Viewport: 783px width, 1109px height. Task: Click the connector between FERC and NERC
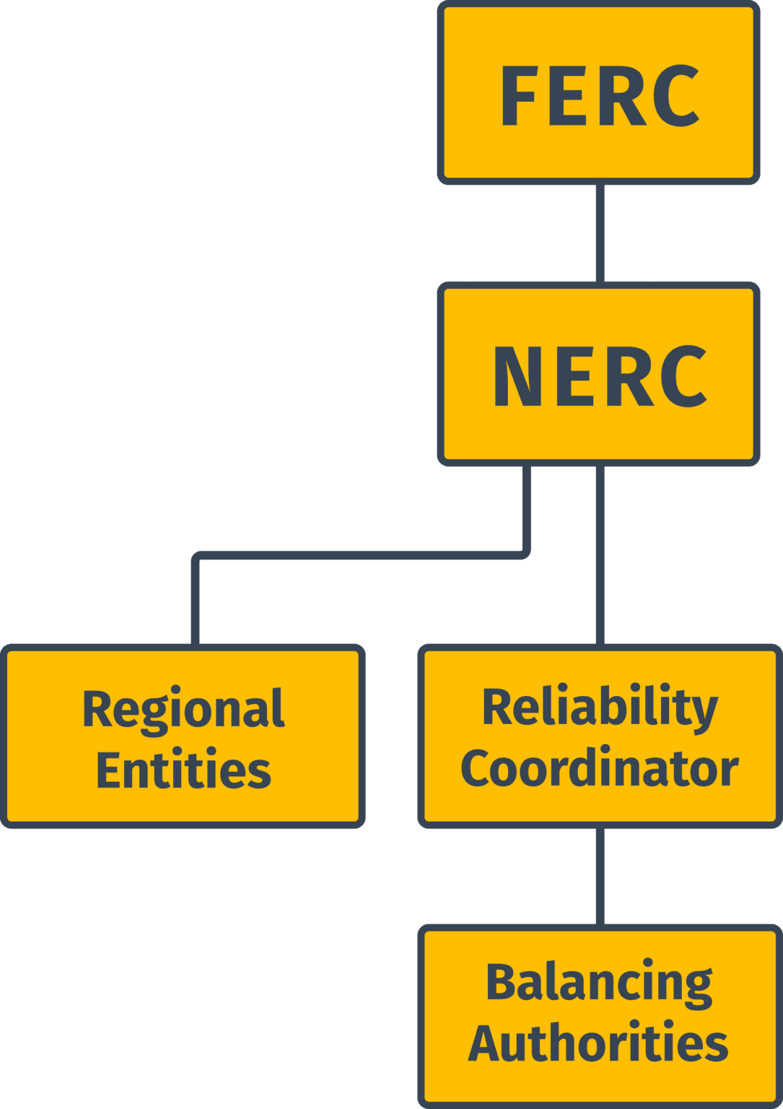(x=600, y=232)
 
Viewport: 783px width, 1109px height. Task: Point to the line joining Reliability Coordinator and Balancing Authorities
(x=600, y=876)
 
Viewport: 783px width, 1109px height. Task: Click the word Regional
(x=183, y=710)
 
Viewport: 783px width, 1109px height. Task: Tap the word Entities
(x=183, y=770)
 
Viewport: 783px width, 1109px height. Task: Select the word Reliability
(x=600, y=708)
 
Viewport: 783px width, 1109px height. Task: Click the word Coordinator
(x=600, y=768)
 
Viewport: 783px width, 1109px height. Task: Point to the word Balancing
(x=600, y=983)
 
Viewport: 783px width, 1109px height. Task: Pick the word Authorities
(x=598, y=1043)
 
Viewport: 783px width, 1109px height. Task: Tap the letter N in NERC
(x=517, y=375)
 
